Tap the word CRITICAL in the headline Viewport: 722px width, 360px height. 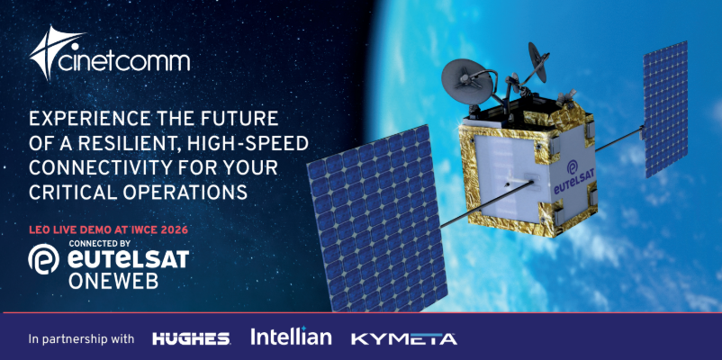[x=68, y=191]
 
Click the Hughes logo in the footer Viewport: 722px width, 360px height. [x=191, y=338]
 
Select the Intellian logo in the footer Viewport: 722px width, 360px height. [x=291, y=337]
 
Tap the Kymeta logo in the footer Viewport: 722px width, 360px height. [x=403, y=338]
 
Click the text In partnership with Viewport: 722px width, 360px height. [x=82, y=339]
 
